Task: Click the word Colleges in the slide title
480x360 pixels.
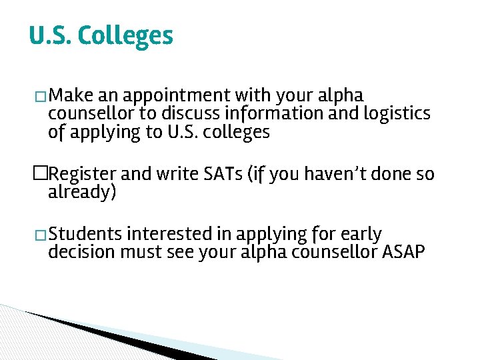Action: (x=125, y=36)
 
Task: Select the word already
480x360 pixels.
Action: (x=82, y=193)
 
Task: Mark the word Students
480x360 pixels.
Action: (x=85, y=234)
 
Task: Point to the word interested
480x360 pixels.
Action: (x=169, y=234)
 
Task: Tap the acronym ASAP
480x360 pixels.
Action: (x=403, y=253)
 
